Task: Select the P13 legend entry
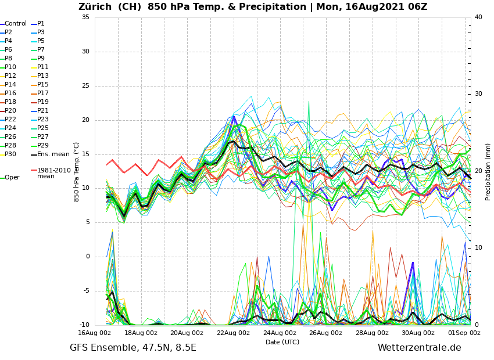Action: (x=43, y=76)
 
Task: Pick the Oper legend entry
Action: (x=12, y=178)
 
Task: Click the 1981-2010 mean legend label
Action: (x=53, y=173)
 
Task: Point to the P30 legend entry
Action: (x=10, y=154)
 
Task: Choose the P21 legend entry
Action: (x=43, y=111)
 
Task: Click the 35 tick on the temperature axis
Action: (x=85, y=17)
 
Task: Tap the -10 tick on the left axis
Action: (x=84, y=325)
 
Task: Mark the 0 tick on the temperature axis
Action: (x=88, y=257)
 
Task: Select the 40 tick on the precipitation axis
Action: (x=478, y=17)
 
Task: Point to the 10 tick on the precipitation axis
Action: (x=478, y=248)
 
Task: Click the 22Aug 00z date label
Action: (x=233, y=333)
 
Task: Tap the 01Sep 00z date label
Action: (x=464, y=333)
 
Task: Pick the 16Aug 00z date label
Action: (x=95, y=333)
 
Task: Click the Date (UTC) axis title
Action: (x=282, y=343)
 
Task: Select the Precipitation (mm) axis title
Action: (x=488, y=172)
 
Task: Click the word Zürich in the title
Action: (x=96, y=7)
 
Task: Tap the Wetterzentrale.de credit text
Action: (x=419, y=348)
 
